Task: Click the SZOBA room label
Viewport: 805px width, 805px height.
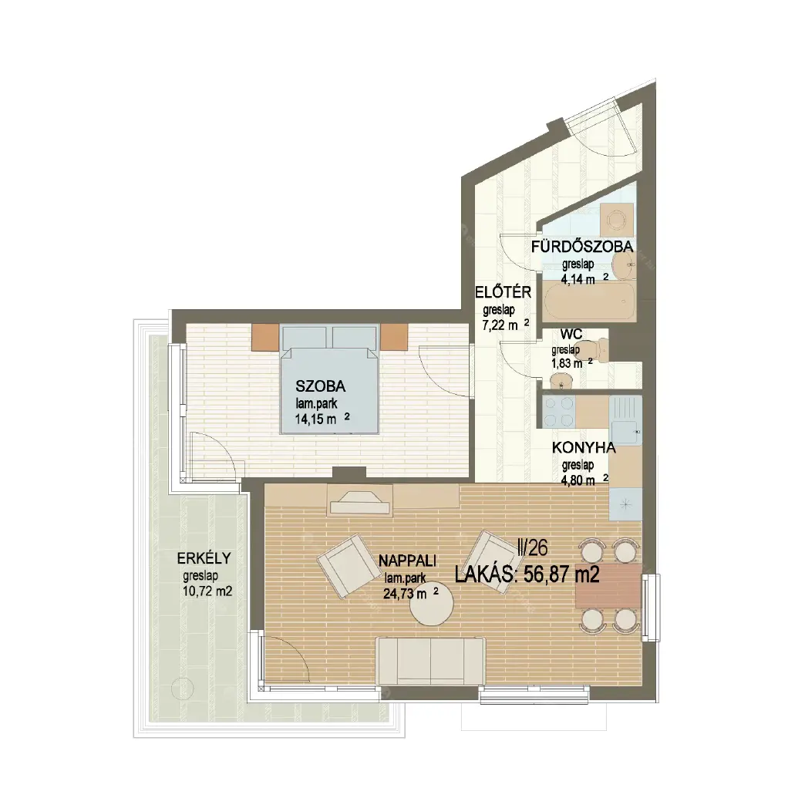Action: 320,386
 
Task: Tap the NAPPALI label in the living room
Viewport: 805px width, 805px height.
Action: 407,561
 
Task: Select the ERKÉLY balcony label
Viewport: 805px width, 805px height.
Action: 204,558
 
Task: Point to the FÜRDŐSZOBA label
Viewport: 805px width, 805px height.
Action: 582,247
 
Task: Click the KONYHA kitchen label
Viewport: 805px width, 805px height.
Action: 584,448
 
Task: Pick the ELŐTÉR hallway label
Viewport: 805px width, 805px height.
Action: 503,292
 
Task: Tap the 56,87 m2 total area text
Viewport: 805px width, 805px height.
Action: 561,574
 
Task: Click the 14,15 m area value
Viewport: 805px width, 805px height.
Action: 315,419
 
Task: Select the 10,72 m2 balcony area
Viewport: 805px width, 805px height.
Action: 207,591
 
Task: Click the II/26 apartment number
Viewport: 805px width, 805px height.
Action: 533,548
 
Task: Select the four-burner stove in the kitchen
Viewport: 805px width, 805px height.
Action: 558,412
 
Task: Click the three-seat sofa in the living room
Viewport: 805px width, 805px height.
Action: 431,661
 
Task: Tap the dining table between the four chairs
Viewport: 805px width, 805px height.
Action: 609,586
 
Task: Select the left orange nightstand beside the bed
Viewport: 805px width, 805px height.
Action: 265,337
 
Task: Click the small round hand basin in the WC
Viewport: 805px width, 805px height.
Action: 561,380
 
